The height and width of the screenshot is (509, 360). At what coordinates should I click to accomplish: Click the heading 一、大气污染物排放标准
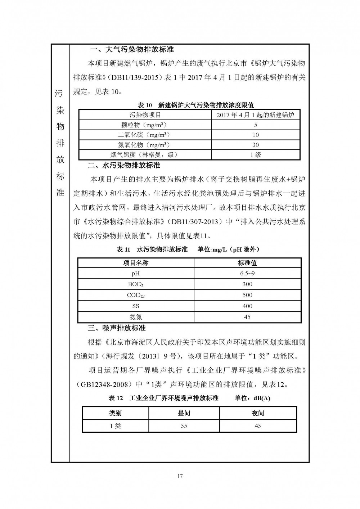point(132,50)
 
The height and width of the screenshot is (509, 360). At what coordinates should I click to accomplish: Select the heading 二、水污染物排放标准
point(124,166)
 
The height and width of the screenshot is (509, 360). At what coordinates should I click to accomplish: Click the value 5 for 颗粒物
point(256,125)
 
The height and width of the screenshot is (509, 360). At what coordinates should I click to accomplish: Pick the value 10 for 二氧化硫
point(256,135)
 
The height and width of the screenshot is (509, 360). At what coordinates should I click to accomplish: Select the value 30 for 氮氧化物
point(256,145)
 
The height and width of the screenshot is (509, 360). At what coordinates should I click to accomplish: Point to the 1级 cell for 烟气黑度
point(256,155)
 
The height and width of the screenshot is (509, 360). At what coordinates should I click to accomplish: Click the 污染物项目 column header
point(145,115)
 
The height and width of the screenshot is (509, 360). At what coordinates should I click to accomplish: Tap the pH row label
point(136,274)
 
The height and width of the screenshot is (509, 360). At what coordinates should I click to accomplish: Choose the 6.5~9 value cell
point(247,274)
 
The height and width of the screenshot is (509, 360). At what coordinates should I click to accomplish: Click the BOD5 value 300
point(247,284)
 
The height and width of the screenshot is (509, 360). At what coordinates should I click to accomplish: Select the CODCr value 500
point(247,295)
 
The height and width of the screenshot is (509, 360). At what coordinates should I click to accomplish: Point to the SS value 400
point(247,306)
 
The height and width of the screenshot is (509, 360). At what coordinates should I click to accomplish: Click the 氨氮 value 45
point(247,317)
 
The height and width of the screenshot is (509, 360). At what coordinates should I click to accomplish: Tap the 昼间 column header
point(184,413)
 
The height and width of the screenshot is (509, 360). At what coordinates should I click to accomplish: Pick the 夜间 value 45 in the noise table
point(258,426)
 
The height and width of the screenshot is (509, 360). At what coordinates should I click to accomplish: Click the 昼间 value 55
point(184,426)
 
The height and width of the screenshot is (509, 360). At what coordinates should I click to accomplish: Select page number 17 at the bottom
point(180,477)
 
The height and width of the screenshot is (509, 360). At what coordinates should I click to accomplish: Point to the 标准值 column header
point(247,263)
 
